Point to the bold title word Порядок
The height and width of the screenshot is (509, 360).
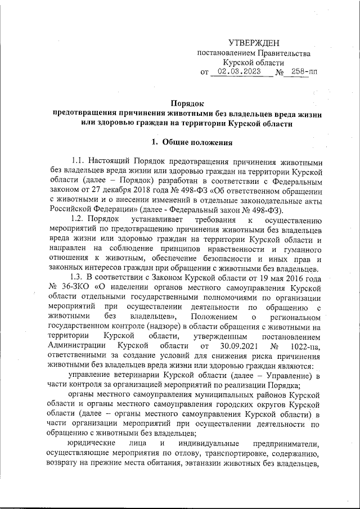tap(186, 103)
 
